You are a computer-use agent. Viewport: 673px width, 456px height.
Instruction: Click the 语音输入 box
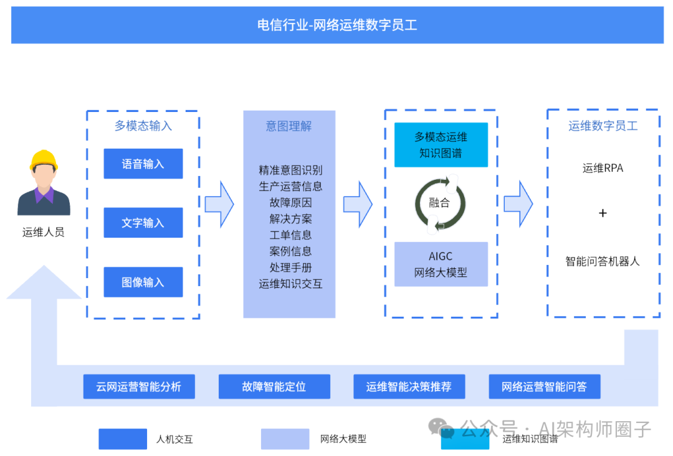click(x=143, y=164)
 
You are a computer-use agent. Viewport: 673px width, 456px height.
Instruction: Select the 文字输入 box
click(x=143, y=223)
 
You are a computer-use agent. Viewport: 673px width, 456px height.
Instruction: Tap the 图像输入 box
click(x=143, y=282)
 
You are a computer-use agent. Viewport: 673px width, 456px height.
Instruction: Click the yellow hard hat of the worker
click(x=44, y=160)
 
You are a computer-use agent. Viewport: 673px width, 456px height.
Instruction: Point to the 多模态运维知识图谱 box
click(x=441, y=145)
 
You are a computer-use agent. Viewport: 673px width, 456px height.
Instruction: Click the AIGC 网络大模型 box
click(x=441, y=264)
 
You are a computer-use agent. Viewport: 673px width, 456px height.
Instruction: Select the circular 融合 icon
click(x=440, y=203)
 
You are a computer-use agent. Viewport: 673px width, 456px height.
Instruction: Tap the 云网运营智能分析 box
click(x=139, y=386)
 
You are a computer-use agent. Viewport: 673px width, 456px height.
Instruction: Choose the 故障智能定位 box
click(x=274, y=386)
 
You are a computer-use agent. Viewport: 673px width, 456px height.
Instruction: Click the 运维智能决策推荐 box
click(x=409, y=386)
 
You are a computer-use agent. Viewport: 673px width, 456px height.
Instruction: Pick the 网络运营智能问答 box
click(x=544, y=386)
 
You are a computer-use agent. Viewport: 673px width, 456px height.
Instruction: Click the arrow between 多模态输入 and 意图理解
click(x=219, y=203)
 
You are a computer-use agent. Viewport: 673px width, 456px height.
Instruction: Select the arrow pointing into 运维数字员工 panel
click(x=518, y=203)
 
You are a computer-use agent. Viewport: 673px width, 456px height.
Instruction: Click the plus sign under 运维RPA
click(x=603, y=213)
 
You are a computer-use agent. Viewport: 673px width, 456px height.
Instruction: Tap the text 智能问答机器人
click(x=603, y=261)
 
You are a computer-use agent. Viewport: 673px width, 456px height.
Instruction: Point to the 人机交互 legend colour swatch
click(x=122, y=439)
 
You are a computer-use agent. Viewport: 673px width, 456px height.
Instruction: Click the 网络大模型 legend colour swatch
click(x=285, y=439)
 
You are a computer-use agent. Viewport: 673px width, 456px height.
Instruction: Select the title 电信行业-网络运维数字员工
click(x=337, y=26)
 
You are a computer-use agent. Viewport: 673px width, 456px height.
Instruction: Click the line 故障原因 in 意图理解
click(x=290, y=202)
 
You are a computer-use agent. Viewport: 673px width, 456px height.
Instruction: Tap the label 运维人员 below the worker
click(x=44, y=233)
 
